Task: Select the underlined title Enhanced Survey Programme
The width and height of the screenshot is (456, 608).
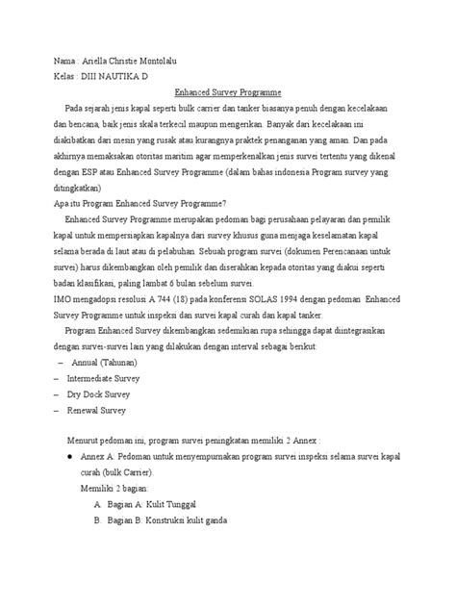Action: pos(227,92)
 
